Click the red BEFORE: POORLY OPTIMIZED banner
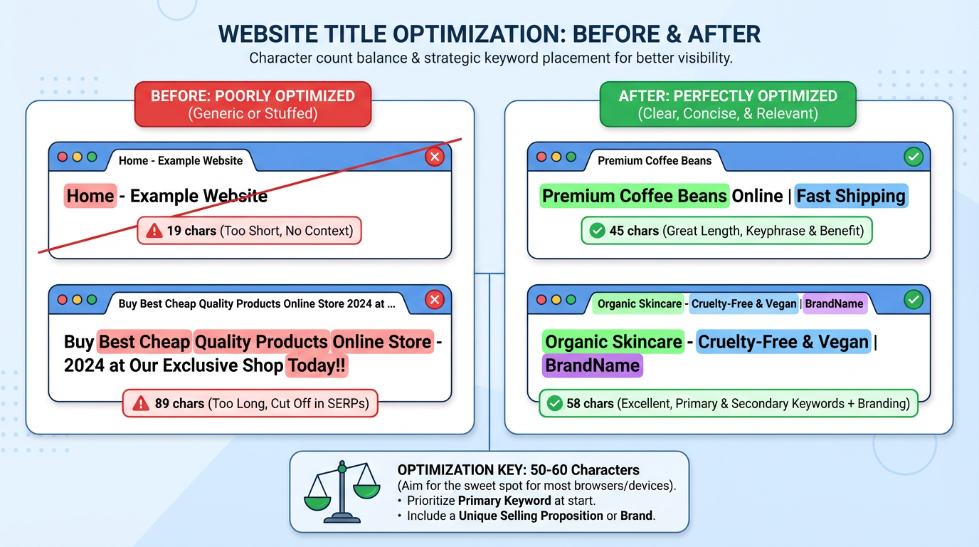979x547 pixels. pos(253,104)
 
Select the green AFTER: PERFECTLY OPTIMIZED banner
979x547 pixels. pos(728,104)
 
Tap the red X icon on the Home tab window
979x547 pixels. pos(434,157)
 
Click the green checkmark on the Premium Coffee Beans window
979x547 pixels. pos(913,157)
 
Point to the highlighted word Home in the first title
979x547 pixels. pos(90,196)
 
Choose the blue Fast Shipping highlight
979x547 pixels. pos(850,196)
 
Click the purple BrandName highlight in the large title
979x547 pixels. pos(592,366)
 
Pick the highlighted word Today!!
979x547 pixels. pos(317,366)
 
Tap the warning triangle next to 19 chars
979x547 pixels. pos(154,231)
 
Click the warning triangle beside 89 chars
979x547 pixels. pos(140,404)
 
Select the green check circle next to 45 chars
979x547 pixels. pos(598,231)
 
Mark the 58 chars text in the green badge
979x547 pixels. pos(590,404)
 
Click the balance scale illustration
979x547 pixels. pos(342,491)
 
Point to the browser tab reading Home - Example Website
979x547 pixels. pos(181,161)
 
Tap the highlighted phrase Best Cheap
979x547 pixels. pos(144,342)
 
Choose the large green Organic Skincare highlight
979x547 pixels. pos(613,342)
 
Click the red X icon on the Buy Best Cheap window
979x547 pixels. pos(434,301)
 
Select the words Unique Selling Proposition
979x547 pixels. pos(531,515)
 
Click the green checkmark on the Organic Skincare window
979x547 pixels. pos(913,301)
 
